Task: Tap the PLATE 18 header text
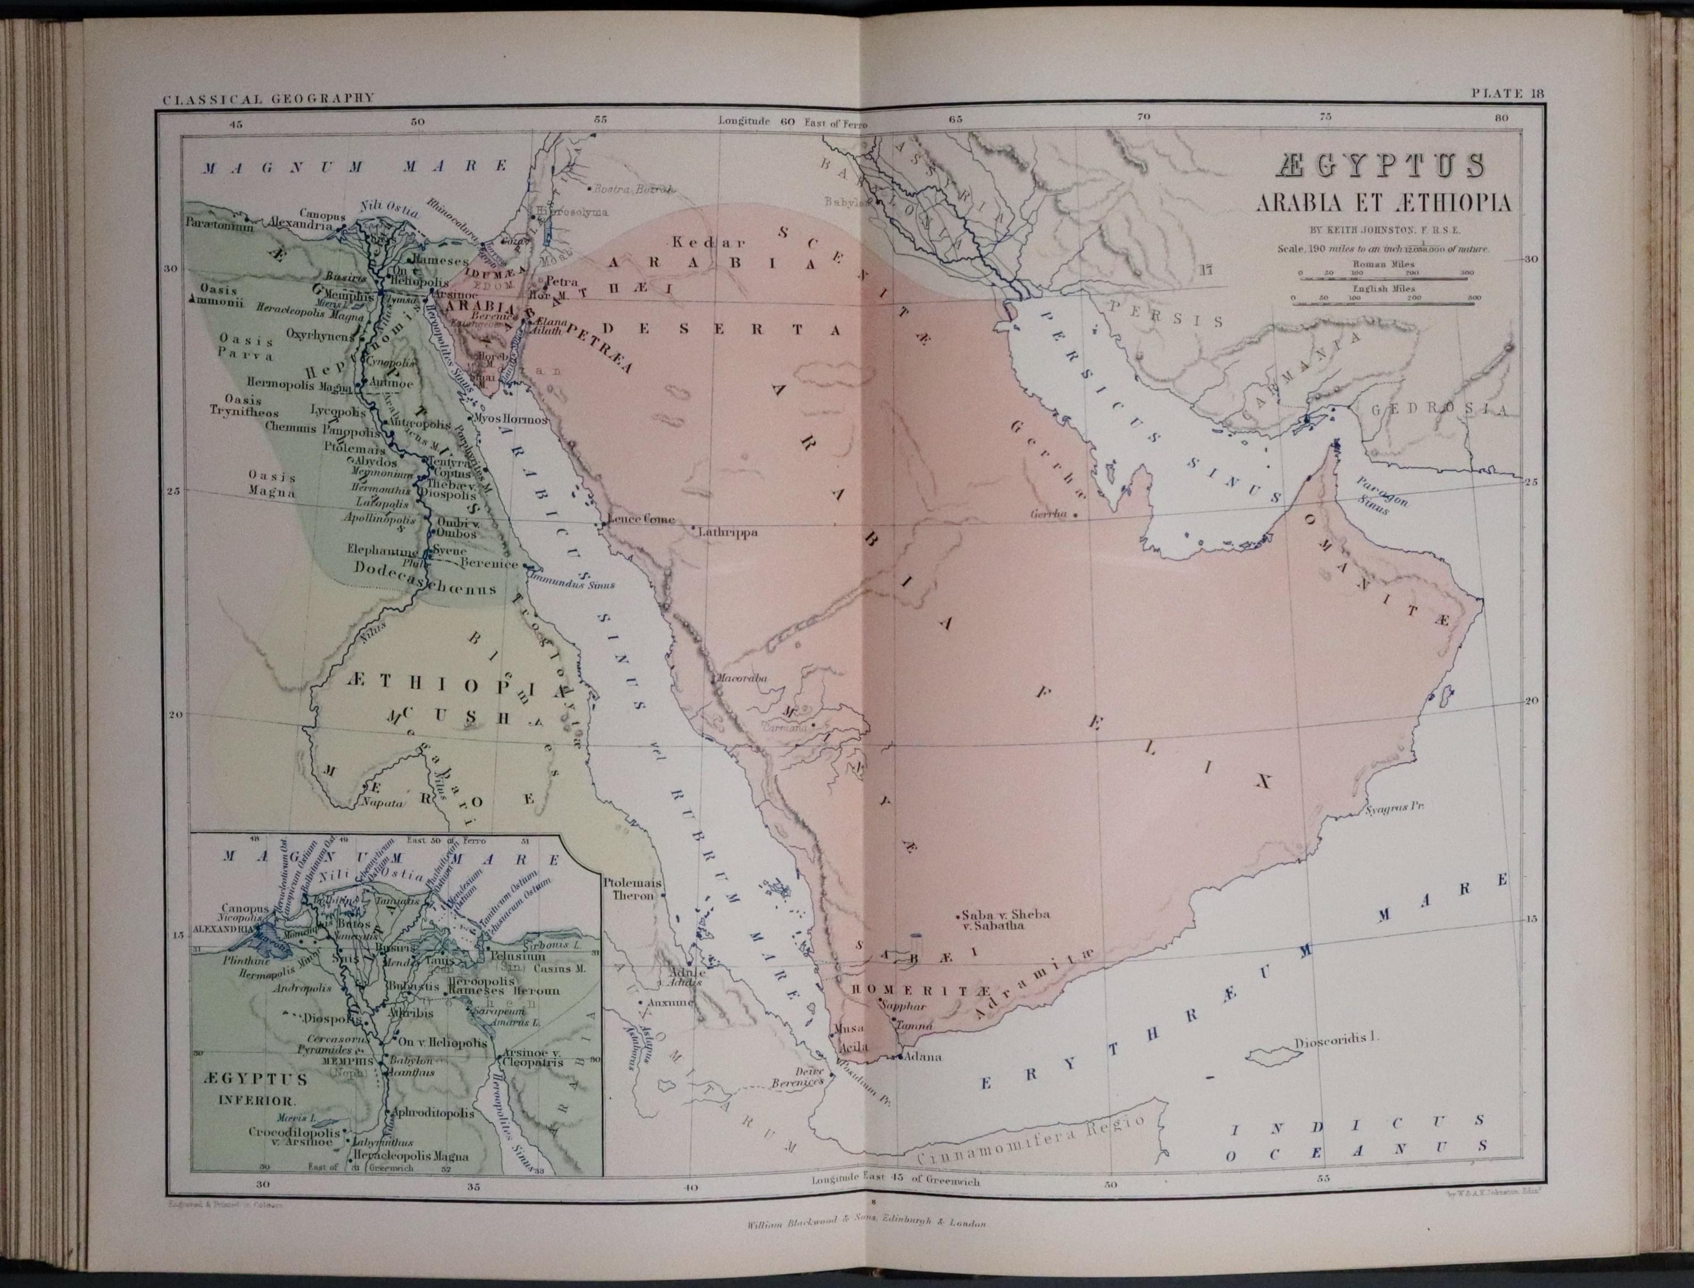pyautogui.click(x=1505, y=94)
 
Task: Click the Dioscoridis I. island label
pyautogui.click(x=1336, y=1042)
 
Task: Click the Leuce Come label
pyautogui.click(x=641, y=519)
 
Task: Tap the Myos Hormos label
pyautogui.click(x=510, y=420)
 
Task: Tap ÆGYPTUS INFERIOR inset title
pyautogui.click(x=256, y=1089)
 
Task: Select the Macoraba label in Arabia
pyautogui.click(x=741, y=678)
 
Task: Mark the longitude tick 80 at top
pyautogui.click(x=1501, y=117)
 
